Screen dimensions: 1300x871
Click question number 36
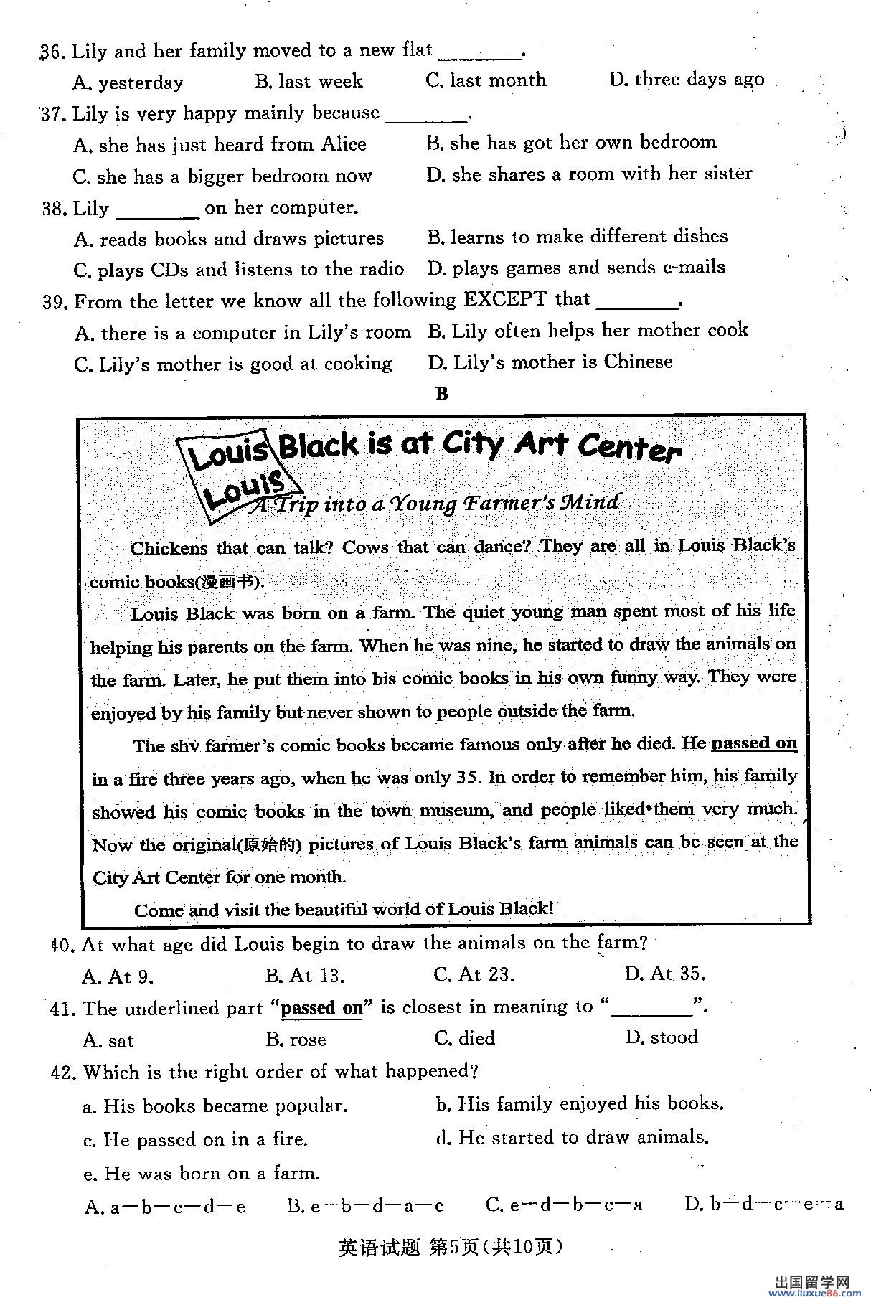tap(52, 52)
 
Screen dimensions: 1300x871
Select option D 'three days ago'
tap(687, 79)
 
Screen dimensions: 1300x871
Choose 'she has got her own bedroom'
tap(571, 142)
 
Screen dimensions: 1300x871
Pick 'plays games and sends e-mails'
tap(577, 268)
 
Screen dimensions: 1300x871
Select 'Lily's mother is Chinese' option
tap(550, 362)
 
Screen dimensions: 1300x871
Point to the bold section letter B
tap(441, 393)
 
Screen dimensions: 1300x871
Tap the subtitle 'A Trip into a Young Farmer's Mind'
tap(435, 503)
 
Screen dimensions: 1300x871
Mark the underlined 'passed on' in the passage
tap(753, 743)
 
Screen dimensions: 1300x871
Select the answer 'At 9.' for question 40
tap(118, 976)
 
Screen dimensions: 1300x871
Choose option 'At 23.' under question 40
tap(474, 974)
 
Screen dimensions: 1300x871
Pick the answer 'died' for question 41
tap(465, 1038)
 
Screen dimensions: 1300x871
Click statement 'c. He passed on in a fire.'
tap(196, 1139)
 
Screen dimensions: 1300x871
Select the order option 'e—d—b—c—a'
tap(564, 1205)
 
